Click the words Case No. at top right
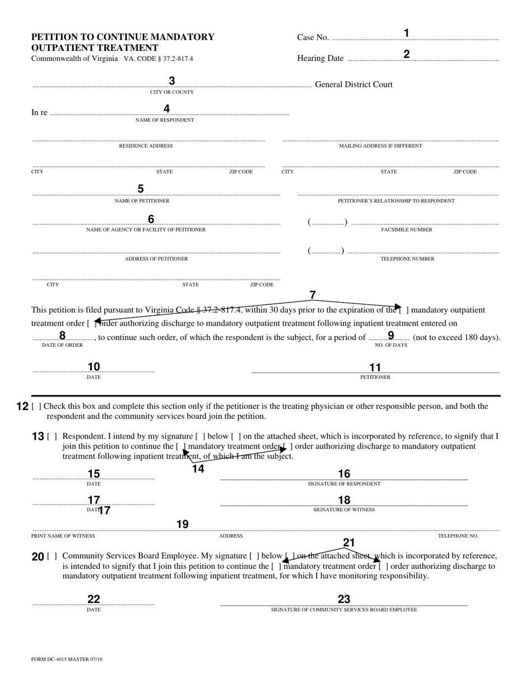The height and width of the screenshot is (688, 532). [312, 37]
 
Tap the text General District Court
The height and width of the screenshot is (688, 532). [354, 84]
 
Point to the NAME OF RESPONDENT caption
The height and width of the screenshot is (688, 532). [165, 120]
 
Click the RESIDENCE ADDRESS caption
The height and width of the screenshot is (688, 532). [146, 146]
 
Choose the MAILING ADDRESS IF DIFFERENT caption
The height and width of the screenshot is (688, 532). [380, 146]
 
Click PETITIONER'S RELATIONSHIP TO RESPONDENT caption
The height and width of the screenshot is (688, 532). [396, 201]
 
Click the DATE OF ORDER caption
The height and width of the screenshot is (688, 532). [62, 345]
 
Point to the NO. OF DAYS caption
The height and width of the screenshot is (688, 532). [391, 345]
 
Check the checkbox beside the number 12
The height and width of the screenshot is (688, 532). [36, 407]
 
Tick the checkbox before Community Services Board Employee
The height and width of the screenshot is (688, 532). [52, 556]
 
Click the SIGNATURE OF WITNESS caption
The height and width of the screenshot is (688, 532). [344, 510]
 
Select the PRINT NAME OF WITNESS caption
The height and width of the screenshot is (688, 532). [63, 536]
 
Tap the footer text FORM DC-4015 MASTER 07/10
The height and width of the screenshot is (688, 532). [67, 659]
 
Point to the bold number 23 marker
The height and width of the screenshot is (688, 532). [344, 599]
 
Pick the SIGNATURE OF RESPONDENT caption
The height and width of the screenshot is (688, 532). [344, 484]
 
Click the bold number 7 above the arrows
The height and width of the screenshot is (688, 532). [312, 295]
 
